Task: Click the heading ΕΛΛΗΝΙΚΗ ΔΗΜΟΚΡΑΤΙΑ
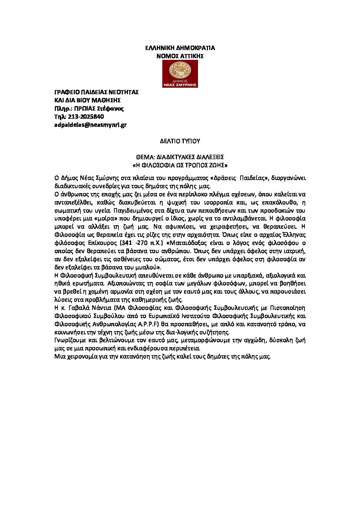pyautogui.click(x=180, y=48)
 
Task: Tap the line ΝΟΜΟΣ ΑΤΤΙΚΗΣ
pyautogui.click(x=180, y=56)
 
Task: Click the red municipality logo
pyautogui.click(x=180, y=74)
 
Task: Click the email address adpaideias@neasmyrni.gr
pyautogui.click(x=91, y=125)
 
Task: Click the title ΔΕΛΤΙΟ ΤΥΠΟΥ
pyautogui.click(x=180, y=141)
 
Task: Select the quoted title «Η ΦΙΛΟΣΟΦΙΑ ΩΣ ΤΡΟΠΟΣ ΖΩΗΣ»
pyautogui.click(x=180, y=165)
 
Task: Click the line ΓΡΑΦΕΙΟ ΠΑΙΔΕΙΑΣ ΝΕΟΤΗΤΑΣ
pyautogui.click(x=97, y=92)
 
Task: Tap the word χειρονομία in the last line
pyautogui.click(x=80, y=357)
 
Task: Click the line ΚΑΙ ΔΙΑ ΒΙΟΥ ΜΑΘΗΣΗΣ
pyautogui.click(x=88, y=100)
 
